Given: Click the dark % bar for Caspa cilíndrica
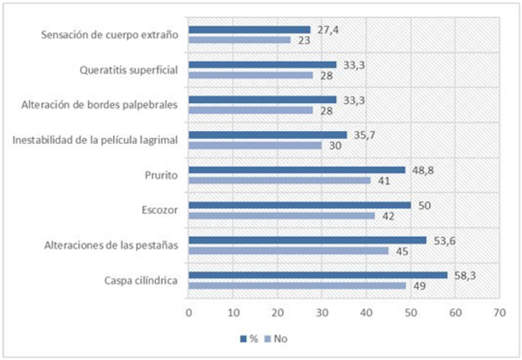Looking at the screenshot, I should tap(318, 275).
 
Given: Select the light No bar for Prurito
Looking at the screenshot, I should tap(279, 180).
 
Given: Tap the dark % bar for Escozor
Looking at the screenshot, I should tap(300, 205).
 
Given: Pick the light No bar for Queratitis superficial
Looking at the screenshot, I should tap(251, 75).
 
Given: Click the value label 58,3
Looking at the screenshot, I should tap(462, 274).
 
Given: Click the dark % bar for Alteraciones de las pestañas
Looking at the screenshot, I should tap(308, 239).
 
